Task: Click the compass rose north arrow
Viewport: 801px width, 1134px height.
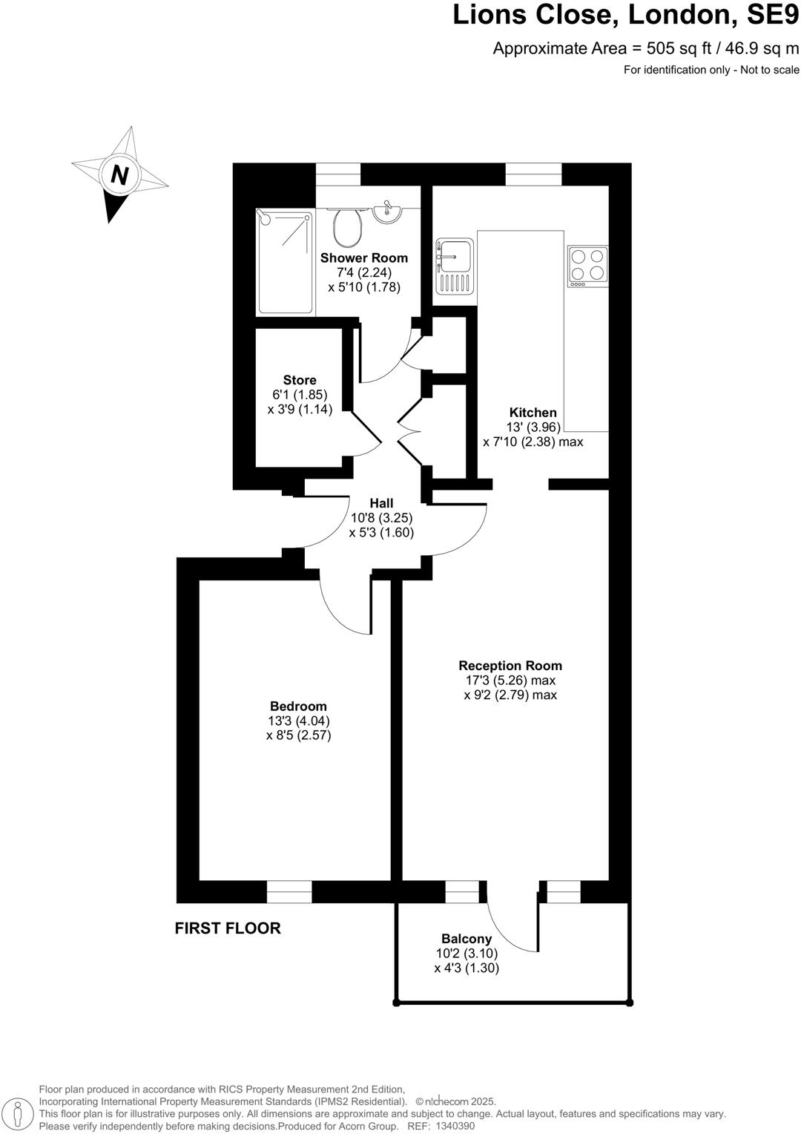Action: tap(119, 175)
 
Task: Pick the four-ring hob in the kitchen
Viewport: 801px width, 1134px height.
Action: tap(587, 266)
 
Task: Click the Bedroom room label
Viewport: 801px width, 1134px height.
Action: tap(298, 706)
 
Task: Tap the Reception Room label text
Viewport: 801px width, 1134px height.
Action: tap(510, 665)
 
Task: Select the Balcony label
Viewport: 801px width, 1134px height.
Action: tap(466, 939)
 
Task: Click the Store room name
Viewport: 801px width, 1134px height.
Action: tap(300, 380)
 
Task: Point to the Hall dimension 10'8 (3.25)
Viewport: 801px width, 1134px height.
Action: tap(381, 518)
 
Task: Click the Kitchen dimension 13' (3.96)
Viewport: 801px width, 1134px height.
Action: tap(533, 427)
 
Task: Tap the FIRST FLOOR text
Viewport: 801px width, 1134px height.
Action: tap(228, 928)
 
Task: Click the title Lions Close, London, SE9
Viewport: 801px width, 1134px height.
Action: tap(626, 15)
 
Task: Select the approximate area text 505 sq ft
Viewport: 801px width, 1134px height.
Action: tap(646, 49)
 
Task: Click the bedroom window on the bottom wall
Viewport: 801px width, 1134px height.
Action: tap(289, 891)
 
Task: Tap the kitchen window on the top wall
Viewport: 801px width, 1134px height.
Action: tap(533, 174)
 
